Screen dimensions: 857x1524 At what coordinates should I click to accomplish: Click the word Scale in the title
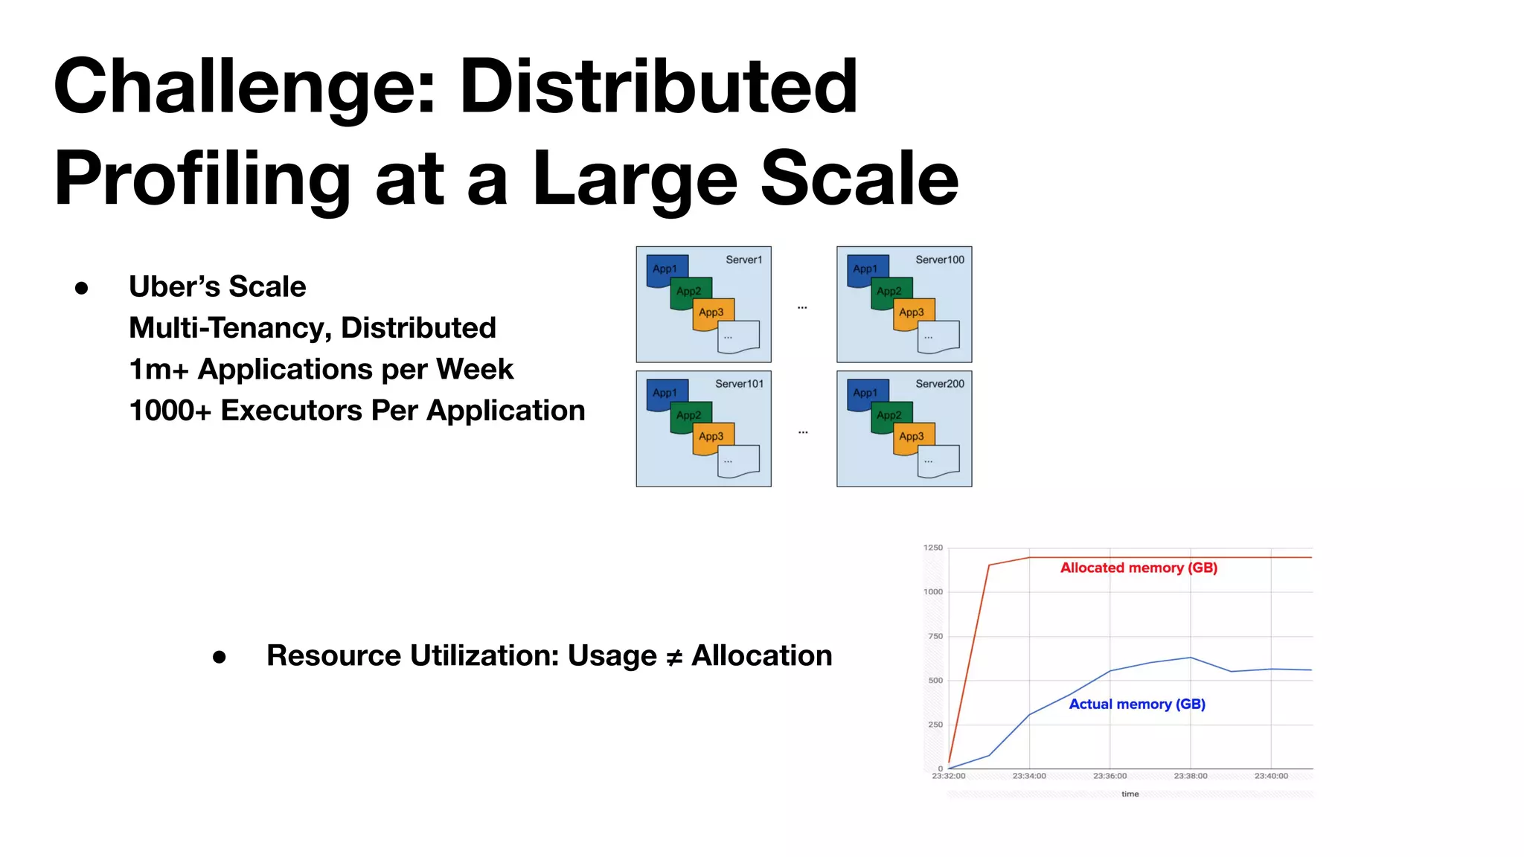(x=859, y=179)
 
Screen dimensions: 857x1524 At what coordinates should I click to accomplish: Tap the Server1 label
(x=743, y=260)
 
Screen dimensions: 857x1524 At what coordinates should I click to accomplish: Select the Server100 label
(x=939, y=260)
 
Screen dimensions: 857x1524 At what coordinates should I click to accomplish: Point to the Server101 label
(x=739, y=384)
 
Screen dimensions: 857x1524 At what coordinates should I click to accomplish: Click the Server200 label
(x=939, y=384)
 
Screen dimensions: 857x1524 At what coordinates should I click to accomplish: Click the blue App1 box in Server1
(x=665, y=269)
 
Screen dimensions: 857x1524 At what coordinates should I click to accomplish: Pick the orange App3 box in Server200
(x=912, y=436)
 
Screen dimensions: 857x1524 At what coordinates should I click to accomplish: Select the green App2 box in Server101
(x=689, y=414)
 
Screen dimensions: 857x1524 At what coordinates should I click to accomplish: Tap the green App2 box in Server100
(x=889, y=291)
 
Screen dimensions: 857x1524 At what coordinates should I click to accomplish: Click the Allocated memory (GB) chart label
(x=1139, y=568)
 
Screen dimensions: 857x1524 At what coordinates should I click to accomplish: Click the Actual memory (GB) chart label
(x=1136, y=704)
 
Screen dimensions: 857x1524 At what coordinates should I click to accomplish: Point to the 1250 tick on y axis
(x=932, y=548)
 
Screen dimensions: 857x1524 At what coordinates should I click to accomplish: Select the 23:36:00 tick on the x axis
(x=1110, y=776)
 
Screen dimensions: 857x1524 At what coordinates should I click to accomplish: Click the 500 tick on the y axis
(x=935, y=680)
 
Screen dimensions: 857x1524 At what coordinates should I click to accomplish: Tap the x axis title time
(x=1130, y=794)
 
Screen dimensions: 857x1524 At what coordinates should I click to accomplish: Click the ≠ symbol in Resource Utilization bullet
(x=673, y=657)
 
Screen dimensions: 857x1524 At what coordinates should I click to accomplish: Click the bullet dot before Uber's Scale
(x=82, y=288)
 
